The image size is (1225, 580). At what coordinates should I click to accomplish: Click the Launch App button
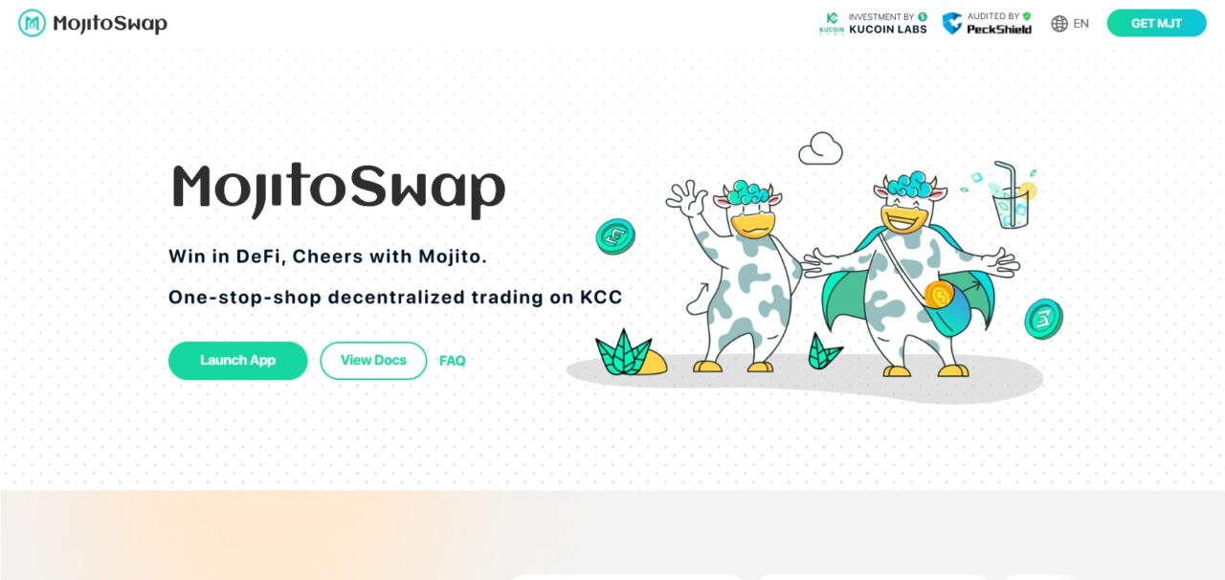[x=238, y=361]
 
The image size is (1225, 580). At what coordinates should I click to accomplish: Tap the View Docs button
[x=373, y=361]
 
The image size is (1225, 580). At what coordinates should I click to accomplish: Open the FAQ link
[x=453, y=361]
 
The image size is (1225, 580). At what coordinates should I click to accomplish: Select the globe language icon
[x=1059, y=24]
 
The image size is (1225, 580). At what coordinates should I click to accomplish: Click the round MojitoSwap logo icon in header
[x=32, y=23]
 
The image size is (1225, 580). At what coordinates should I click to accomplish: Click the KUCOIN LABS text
[x=888, y=30]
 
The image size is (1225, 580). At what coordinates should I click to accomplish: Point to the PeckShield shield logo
[x=952, y=24]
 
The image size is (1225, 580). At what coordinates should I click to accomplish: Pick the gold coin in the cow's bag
[x=939, y=295]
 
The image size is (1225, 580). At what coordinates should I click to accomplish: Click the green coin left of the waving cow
[x=615, y=237]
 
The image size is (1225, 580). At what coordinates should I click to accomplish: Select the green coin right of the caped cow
[x=1043, y=319]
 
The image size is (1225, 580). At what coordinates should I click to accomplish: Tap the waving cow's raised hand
[x=686, y=197]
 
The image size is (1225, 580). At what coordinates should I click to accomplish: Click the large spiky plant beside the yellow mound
[x=622, y=353]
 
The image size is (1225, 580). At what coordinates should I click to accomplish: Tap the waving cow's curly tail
[x=697, y=300]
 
